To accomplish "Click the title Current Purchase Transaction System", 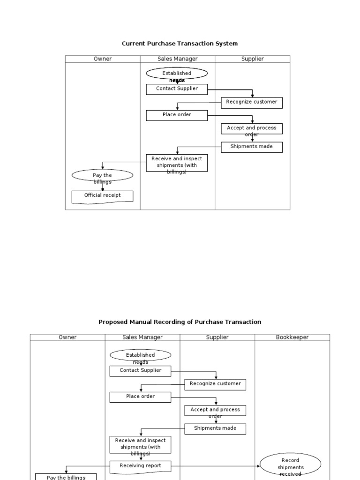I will [180, 44].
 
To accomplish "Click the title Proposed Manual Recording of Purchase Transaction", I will [180, 322].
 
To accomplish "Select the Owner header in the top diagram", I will [102, 59].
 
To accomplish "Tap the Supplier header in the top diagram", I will [252, 59].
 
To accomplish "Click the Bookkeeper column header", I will [292, 337].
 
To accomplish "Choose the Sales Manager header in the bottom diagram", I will [142, 337].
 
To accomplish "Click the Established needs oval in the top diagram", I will [177, 74].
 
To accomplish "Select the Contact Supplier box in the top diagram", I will [177, 89].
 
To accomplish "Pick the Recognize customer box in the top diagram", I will [252, 102].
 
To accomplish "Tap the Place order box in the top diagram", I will [177, 115].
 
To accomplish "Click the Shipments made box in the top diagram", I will [252, 147].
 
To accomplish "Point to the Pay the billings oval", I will [102, 176].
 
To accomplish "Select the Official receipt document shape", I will [102, 196].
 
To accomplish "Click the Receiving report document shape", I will [140, 466].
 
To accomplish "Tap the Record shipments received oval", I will [290, 466].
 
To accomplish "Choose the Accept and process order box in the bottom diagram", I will [215, 410].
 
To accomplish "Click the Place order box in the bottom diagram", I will [140, 397].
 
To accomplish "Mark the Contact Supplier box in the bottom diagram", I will [140, 371].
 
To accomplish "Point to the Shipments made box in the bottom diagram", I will [215, 428].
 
